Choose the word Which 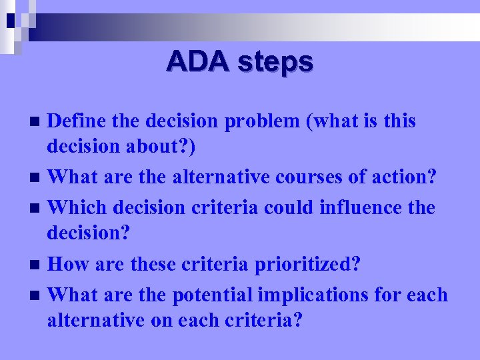tap(78, 207)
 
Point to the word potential tap(212, 294)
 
